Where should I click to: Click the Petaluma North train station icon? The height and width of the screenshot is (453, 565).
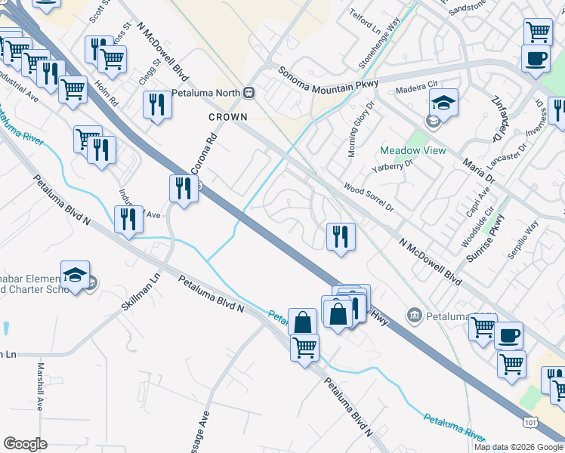(249, 93)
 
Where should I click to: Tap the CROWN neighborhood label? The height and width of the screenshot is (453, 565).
(228, 117)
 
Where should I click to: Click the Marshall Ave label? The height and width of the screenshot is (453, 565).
(42, 387)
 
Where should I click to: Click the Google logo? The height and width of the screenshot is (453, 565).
(25, 443)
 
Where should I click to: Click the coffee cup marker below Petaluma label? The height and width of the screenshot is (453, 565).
(508, 335)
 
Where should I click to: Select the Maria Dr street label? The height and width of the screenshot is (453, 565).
(478, 171)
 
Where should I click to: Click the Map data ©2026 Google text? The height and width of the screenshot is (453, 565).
(518, 446)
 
